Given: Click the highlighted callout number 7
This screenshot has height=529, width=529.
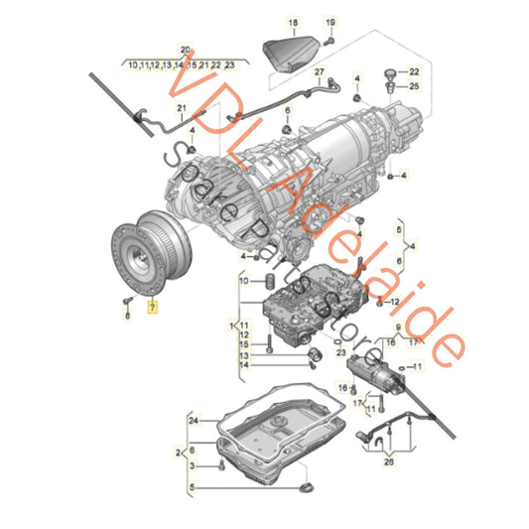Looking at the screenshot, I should [x=152, y=308].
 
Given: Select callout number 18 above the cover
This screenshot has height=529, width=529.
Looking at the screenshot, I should [x=292, y=22].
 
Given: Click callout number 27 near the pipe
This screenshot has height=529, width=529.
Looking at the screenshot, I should [x=320, y=73].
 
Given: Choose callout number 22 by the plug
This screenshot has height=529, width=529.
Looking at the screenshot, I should [x=415, y=73].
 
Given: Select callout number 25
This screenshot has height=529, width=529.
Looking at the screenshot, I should [x=415, y=87].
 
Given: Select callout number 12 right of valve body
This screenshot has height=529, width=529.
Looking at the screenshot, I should [x=394, y=301].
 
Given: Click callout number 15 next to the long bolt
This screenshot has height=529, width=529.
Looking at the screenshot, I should [x=244, y=344].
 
